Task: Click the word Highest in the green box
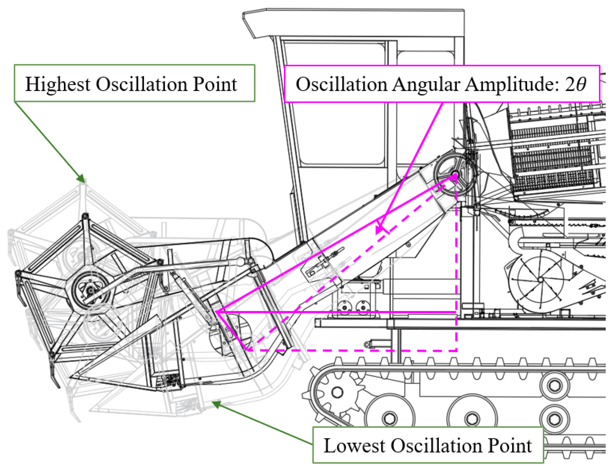(57, 84)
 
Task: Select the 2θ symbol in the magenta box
(576, 84)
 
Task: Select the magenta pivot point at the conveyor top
(455, 176)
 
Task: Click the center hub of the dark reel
(91, 290)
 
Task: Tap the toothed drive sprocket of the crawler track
(337, 392)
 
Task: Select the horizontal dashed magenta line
(352, 350)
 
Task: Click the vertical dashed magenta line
(456, 270)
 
